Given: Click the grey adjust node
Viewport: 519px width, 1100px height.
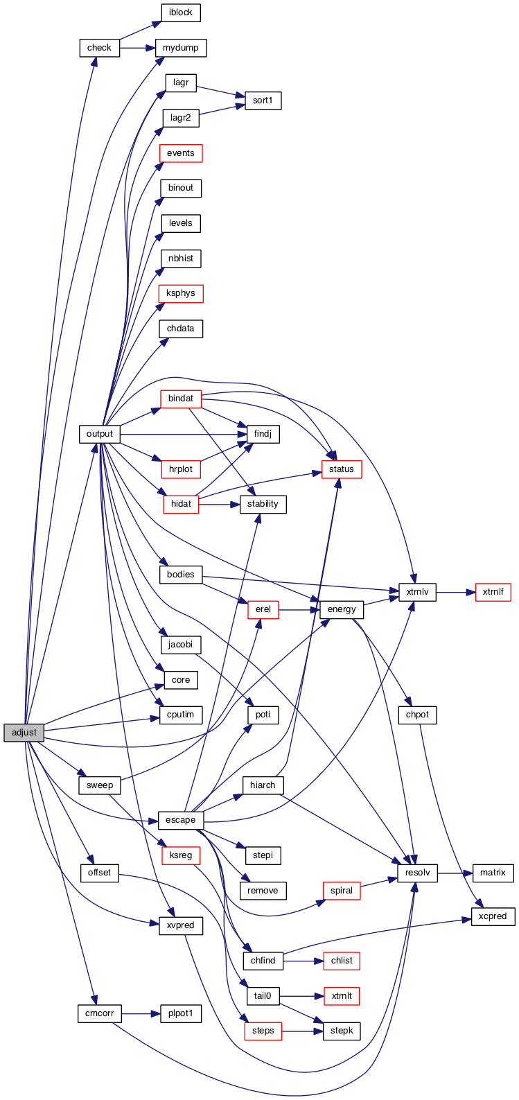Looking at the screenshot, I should click(24, 733).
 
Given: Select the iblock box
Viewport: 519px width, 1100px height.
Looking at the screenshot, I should click(181, 12).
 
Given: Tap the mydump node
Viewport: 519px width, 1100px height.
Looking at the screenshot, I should click(181, 48).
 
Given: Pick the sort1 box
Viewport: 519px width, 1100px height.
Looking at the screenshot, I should click(263, 101).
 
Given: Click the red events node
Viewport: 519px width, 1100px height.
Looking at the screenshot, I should click(181, 152).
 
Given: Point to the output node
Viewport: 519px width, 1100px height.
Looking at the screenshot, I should click(100, 434).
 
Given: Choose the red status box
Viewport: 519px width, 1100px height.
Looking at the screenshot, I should click(342, 469).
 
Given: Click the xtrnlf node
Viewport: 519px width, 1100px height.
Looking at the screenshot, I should click(493, 592).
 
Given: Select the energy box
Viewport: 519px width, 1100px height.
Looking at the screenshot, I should click(342, 609).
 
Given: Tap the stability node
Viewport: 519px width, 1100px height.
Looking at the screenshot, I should click(263, 504).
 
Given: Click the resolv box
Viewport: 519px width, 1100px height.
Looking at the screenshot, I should click(417, 873).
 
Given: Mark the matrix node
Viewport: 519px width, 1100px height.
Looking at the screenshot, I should click(493, 873).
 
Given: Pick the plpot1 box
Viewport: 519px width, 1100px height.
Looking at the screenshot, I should click(181, 1013).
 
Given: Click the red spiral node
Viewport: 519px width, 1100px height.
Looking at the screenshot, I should click(342, 891).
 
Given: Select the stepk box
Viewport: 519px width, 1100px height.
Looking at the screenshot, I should click(342, 1031).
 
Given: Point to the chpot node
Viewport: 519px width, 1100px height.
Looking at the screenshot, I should click(417, 715).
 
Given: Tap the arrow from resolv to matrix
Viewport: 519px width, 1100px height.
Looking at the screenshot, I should click(455, 873).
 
